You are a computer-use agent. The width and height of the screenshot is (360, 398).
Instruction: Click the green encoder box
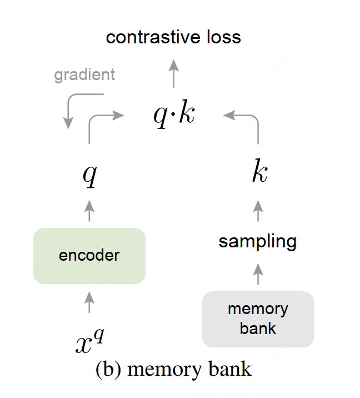(x=89, y=256)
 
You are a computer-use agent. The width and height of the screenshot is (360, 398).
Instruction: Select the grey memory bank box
(x=258, y=319)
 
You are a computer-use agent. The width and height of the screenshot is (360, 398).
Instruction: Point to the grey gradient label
(x=84, y=74)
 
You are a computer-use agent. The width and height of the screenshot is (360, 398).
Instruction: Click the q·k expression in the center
(x=174, y=115)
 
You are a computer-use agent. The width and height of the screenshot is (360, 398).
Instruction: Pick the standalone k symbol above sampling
(x=258, y=173)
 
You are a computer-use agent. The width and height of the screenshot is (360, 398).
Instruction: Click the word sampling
(x=257, y=241)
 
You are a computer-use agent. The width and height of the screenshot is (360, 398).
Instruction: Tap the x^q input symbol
(x=89, y=341)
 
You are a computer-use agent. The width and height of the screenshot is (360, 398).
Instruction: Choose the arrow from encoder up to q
(x=89, y=211)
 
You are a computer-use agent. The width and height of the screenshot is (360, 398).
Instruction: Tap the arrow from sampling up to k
(x=257, y=211)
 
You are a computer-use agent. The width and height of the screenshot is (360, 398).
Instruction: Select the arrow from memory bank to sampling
(x=257, y=272)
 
